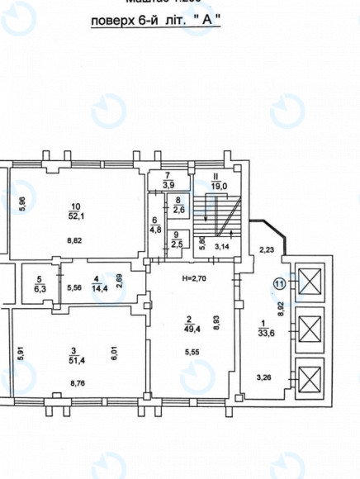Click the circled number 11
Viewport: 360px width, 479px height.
(x=279, y=283)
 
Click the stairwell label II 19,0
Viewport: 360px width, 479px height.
(x=219, y=182)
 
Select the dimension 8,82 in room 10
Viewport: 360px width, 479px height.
(x=75, y=242)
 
